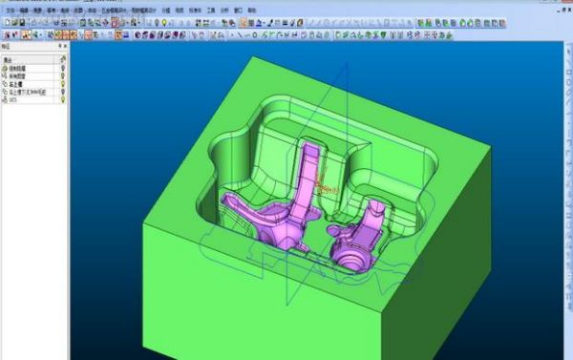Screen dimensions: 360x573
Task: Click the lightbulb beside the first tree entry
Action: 62,70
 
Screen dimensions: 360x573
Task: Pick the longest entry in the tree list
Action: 23,91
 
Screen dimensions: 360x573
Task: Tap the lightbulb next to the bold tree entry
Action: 62,83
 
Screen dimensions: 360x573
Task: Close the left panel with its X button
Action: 65,45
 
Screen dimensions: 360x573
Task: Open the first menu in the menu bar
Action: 9,9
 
